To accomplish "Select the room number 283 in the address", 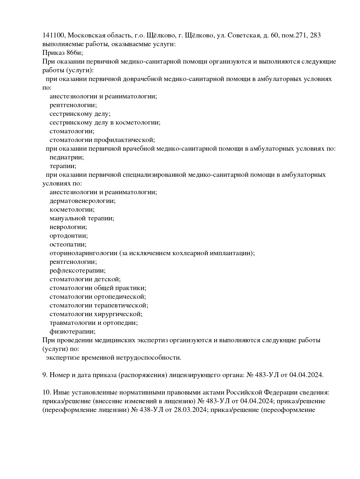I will (x=315, y=35).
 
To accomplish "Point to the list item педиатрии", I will (x=66, y=157).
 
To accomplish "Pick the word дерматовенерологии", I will (x=82, y=201).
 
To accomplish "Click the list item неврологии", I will (x=68, y=227).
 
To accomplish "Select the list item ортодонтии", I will (x=69, y=236).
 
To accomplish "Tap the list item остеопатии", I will (x=68, y=244).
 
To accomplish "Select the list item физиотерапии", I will (x=72, y=332).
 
